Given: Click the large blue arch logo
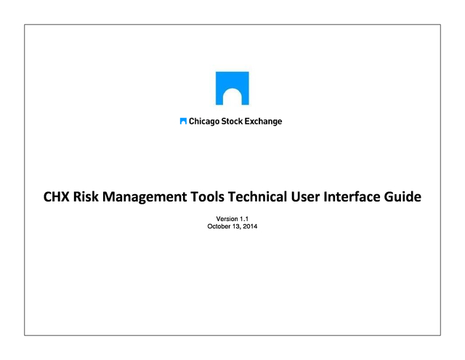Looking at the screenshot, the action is (x=232, y=80).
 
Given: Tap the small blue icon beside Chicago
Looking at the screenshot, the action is (x=183, y=121).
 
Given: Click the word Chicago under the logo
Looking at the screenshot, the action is (x=204, y=121).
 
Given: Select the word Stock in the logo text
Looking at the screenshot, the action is (x=232, y=121).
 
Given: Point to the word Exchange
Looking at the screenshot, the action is (x=263, y=121).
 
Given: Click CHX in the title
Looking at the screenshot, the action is (x=57, y=197).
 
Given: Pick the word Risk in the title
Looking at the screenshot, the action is (x=86, y=197).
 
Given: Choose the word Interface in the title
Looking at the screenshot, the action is (x=352, y=197).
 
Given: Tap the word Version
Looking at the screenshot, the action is (x=227, y=219).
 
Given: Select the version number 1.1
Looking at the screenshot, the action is (x=244, y=219).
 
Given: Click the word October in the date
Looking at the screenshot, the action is (x=219, y=226).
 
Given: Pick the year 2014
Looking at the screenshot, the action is (x=250, y=226).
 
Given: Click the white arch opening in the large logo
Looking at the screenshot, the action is (x=232, y=97).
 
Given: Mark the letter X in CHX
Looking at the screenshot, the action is (x=65, y=197).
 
